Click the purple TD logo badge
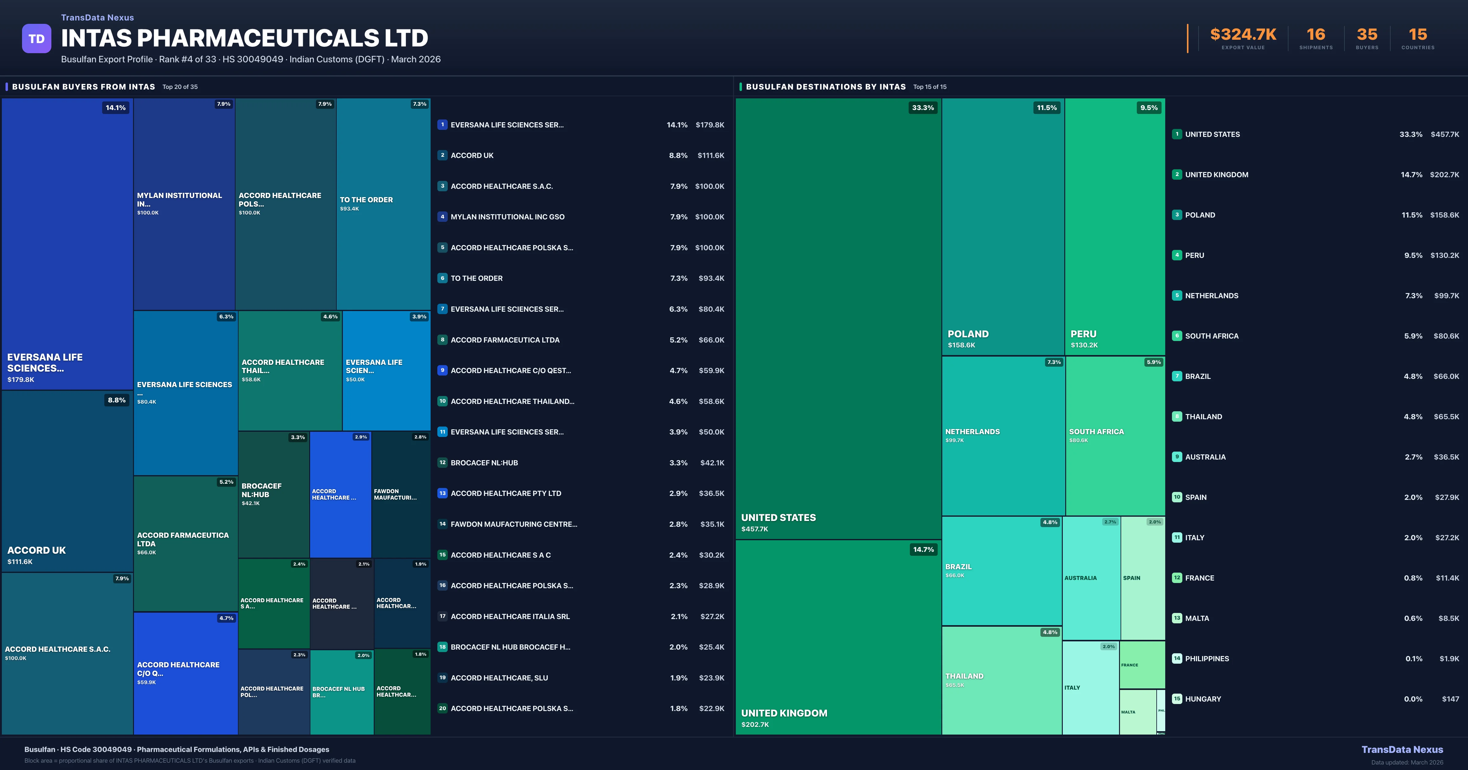coord(36,39)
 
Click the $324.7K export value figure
coord(1243,35)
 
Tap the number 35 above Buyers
coord(1366,35)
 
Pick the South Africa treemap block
coord(1115,436)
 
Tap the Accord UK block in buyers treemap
coord(67,481)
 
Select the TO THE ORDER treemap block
coord(383,204)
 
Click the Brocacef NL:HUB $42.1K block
coord(273,494)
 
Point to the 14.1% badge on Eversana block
coord(116,108)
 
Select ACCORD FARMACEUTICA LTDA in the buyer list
coord(505,340)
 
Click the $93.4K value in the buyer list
coord(711,278)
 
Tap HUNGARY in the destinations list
coord(1203,699)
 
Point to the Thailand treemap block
coord(1001,680)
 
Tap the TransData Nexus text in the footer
coord(1402,750)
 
